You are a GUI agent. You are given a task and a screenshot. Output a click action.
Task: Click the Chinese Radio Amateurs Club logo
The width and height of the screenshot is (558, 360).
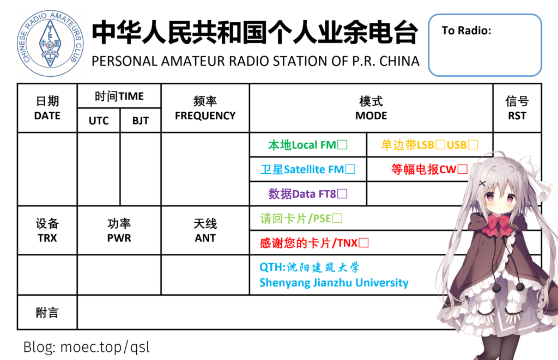coord(50,44)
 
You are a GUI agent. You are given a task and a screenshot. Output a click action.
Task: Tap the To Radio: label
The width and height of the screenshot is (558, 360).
coord(466,30)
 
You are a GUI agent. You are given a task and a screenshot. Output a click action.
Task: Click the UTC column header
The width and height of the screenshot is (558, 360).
coord(99,121)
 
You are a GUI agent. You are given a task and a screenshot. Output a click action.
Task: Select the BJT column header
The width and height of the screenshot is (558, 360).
coord(141,121)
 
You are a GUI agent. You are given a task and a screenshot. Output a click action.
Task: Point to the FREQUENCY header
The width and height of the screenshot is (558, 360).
coord(205,115)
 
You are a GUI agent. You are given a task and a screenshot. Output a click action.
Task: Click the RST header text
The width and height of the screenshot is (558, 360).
coord(517,115)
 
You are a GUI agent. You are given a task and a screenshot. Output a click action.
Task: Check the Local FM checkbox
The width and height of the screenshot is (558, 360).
coord(342,145)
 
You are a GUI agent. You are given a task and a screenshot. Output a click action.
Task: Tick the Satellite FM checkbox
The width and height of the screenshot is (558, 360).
coord(350,169)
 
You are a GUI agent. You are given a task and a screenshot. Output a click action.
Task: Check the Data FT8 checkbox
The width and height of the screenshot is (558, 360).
coord(342,193)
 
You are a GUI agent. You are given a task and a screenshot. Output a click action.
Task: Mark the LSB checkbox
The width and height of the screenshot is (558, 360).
coord(440,145)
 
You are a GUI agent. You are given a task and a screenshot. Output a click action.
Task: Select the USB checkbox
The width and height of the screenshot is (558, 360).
coord(473,145)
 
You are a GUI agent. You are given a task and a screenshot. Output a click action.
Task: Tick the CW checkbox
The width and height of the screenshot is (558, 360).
coord(463,169)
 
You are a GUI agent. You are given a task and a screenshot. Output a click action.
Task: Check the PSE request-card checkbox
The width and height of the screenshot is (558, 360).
coord(337,218)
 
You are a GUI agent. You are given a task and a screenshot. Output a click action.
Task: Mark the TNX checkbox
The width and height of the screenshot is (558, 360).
coord(363,242)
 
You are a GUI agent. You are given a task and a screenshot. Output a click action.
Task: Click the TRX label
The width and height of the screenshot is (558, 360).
coord(47,238)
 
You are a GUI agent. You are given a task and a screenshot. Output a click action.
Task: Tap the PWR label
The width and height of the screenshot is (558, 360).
coord(119,238)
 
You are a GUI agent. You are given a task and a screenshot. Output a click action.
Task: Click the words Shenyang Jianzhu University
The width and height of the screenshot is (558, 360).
coord(334,283)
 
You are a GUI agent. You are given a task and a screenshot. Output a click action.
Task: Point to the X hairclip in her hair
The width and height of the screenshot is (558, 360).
coord(482,184)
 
